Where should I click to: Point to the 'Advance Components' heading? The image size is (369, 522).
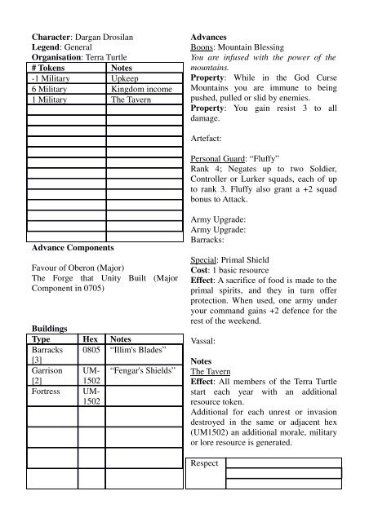pyautogui.click(x=72, y=246)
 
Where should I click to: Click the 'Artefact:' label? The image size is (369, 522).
pyautogui.click(x=210, y=138)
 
